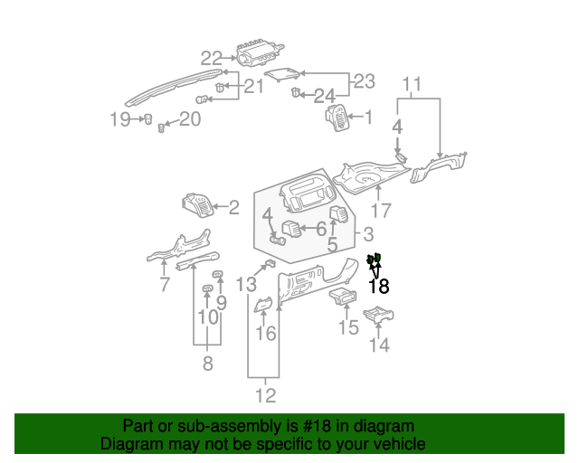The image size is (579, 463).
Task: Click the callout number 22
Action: (211, 59)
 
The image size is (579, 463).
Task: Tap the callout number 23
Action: (363, 81)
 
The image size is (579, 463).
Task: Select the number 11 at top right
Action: (412, 86)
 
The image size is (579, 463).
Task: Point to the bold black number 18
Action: (378, 287)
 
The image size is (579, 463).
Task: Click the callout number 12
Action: (265, 395)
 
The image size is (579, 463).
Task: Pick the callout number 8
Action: (207, 364)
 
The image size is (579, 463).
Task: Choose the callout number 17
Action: (381, 212)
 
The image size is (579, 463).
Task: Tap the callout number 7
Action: (164, 286)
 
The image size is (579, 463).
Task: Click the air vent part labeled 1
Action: (337, 118)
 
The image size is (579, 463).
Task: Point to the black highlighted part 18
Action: (375, 260)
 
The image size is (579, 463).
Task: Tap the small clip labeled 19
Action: (147, 118)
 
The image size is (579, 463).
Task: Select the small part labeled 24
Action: (296, 92)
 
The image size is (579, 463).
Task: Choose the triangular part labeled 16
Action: (263, 305)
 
